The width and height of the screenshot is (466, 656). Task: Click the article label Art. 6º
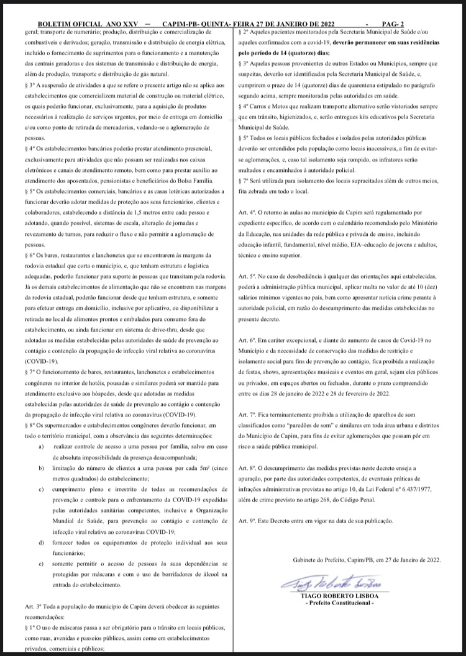tap(247, 342)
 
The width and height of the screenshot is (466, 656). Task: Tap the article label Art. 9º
tap(247, 521)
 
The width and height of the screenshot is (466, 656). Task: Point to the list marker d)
tap(41, 542)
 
